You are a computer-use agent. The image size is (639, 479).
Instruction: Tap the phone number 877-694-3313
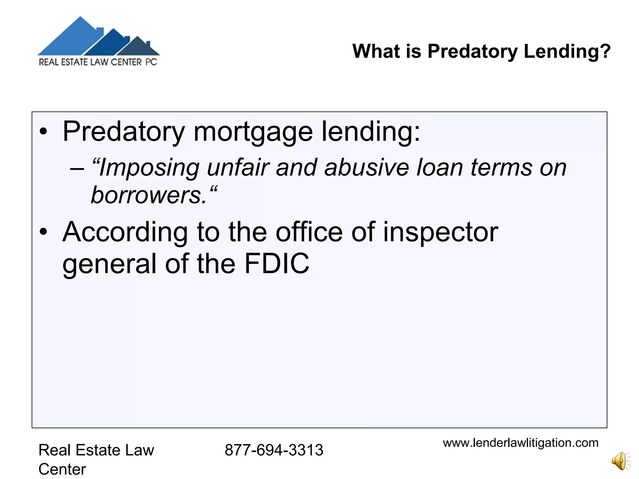pyautogui.click(x=274, y=450)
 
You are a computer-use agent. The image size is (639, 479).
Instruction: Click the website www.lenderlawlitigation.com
pyautogui.click(x=520, y=443)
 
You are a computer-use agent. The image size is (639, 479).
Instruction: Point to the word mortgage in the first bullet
pyautogui.click(x=253, y=132)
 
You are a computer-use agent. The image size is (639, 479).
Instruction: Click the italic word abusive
pyautogui.click(x=367, y=168)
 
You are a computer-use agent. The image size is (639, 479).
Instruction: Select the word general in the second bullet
pyautogui.click(x=109, y=264)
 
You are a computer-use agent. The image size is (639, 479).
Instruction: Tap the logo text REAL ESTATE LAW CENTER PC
pyautogui.click(x=98, y=62)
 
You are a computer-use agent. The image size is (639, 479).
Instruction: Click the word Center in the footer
pyautogui.click(x=62, y=469)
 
